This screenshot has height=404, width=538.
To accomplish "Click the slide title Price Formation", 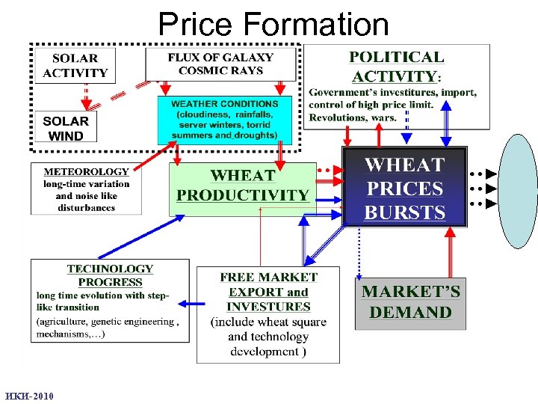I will point(273,24).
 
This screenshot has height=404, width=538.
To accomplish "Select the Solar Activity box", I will point(75,66).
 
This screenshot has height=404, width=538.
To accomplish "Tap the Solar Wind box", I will point(66,128).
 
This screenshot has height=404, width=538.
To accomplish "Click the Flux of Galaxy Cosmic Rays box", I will point(220,64).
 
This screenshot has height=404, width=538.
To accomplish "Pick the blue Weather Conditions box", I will point(225,120).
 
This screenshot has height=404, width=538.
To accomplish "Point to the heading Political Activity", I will point(397,67).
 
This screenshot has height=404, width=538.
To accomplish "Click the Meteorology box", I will point(86,189).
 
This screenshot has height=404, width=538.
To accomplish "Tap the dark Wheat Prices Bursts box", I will point(404,188).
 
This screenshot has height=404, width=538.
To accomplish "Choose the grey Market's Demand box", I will point(410,302).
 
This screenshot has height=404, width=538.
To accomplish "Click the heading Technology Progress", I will point(110,275).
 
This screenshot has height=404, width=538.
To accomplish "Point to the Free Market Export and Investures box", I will point(268,314).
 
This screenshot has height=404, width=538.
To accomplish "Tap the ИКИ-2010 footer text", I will point(28,396).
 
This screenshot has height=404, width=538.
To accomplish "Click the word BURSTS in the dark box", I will point(404,212).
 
